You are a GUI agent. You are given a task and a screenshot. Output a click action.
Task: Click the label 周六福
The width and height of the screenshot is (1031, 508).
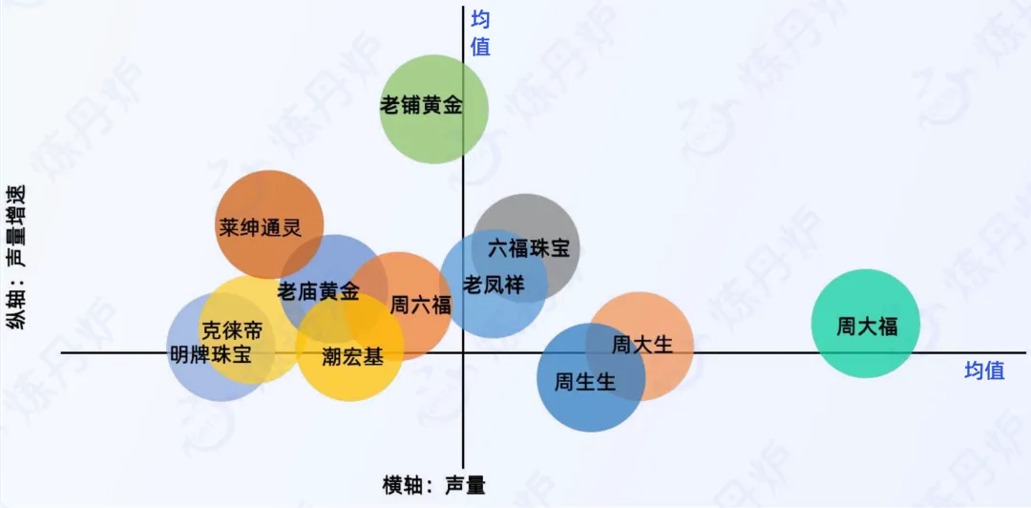[x=420, y=306]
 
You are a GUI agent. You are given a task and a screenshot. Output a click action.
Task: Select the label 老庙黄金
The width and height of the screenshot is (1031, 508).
[x=319, y=291]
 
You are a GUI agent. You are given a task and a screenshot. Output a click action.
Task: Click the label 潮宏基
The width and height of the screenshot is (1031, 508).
[x=353, y=357]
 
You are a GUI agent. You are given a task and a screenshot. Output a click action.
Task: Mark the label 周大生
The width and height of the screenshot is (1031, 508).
[x=642, y=344]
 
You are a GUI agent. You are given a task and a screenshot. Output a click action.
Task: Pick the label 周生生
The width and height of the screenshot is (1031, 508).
[x=585, y=383]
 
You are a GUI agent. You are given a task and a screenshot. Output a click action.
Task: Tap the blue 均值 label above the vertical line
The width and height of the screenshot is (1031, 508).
[x=480, y=32]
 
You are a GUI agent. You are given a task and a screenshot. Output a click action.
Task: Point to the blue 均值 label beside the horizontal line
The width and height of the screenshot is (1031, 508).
[x=983, y=370]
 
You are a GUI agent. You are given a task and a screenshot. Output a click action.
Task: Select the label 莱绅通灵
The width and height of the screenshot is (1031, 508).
[x=260, y=228]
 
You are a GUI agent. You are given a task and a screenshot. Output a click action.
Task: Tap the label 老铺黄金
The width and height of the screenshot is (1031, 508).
[x=421, y=105]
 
